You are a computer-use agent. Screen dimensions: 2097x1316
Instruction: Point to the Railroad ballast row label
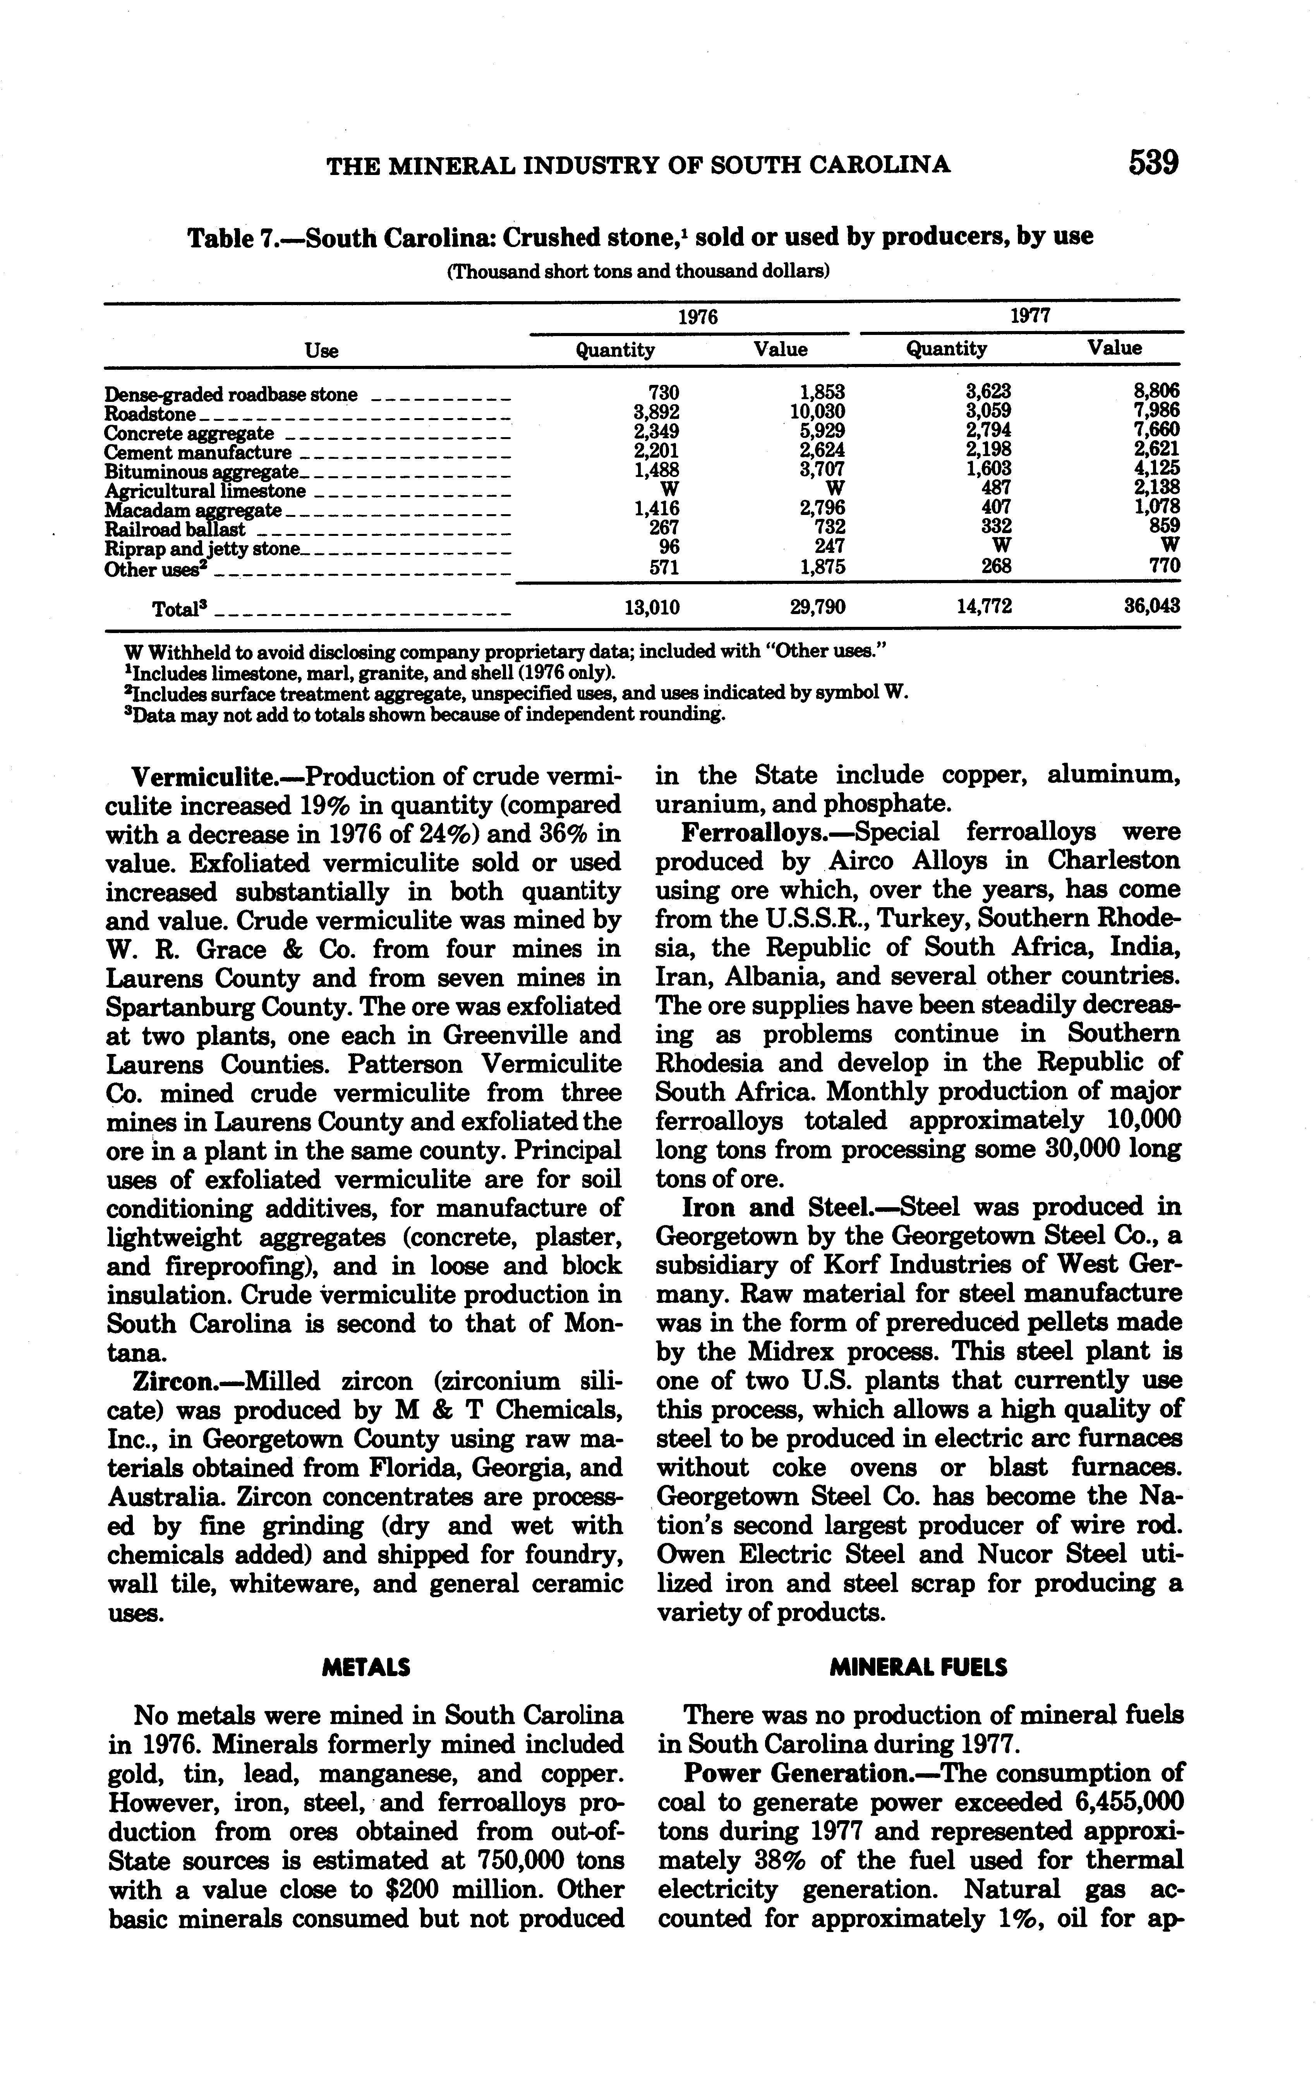click(174, 529)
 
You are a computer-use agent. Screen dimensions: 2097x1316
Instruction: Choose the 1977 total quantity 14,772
click(985, 606)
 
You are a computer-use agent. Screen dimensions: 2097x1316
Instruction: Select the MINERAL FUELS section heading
click(918, 1667)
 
